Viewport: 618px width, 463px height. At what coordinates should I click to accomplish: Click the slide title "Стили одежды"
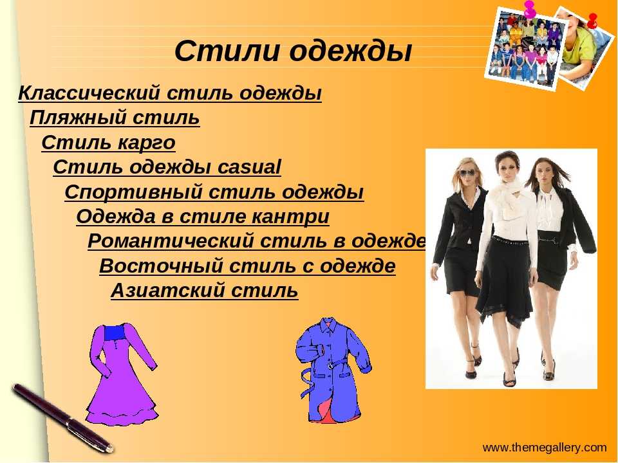coord(293,51)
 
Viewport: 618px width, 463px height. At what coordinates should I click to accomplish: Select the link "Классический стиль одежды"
coord(170,94)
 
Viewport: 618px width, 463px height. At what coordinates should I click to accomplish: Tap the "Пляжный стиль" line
coord(115,118)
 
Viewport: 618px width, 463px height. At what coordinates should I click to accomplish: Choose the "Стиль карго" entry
coord(108,143)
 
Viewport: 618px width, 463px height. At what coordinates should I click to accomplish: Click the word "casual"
coord(250,167)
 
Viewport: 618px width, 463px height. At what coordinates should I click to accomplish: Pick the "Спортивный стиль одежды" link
coord(214,192)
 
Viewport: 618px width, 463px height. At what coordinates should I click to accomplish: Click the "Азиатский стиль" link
coord(205,291)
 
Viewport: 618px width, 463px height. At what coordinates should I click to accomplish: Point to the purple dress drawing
coord(122,373)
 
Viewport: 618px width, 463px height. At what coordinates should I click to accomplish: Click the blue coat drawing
coord(333,370)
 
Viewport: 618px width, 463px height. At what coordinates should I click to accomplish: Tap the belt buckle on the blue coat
coord(330,365)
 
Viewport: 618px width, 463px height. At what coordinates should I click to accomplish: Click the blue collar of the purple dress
coord(114,332)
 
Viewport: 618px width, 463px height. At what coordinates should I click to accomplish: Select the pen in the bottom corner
coord(62,418)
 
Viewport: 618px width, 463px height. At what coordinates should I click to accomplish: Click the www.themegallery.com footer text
coord(545,448)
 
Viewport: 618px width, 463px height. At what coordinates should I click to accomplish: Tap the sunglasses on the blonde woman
coord(467,173)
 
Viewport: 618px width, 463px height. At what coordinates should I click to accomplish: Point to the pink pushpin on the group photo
coord(530,8)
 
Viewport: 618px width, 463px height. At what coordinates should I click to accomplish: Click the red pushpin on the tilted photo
coord(592,21)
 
